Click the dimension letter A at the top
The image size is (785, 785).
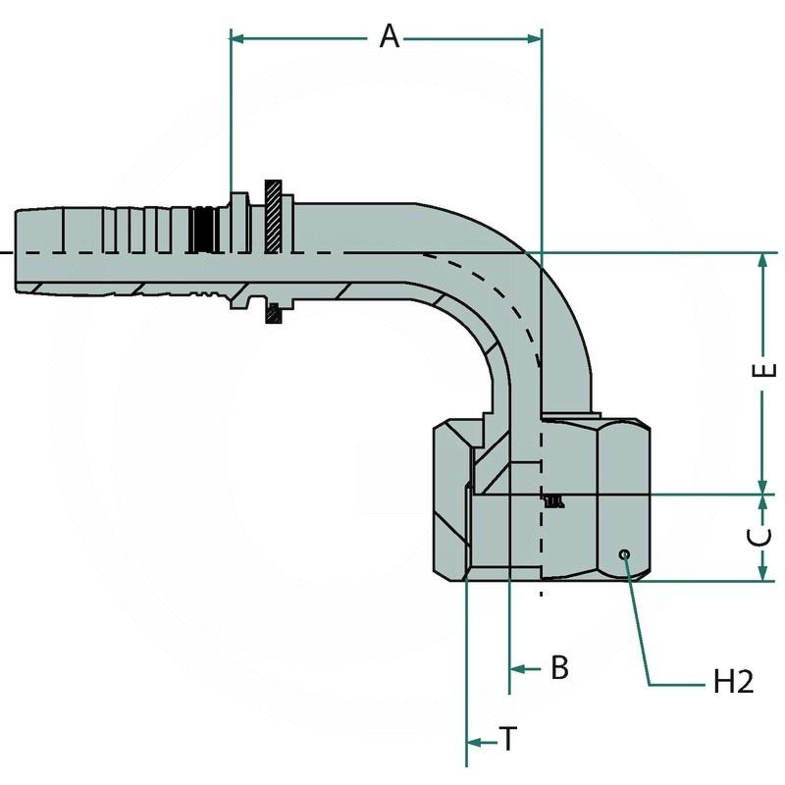tap(390, 37)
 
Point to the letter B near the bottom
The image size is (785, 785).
tap(558, 668)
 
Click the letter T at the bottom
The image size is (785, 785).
tap(508, 740)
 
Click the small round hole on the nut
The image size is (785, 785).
tap(624, 555)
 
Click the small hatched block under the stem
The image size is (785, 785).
tap(274, 315)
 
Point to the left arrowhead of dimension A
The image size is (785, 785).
tap(236, 38)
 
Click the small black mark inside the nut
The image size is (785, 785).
tap(554, 501)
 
